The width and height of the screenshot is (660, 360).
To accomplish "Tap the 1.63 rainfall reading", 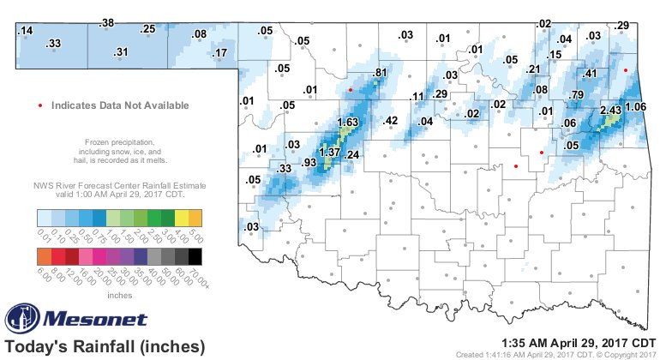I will coord(347,123).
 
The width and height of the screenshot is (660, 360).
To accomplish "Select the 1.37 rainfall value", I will coord(330,152).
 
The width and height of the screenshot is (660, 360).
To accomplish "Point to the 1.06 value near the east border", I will coord(635,107).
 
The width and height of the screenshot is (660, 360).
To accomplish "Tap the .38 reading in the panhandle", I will coord(107,23).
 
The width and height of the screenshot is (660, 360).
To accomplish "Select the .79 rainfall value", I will coord(577,94).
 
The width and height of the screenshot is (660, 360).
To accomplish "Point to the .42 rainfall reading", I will coord(390,121).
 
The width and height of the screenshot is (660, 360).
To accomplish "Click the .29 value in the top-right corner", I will coord(623,24).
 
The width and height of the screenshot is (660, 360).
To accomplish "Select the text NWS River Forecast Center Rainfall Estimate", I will coord(118,184).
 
